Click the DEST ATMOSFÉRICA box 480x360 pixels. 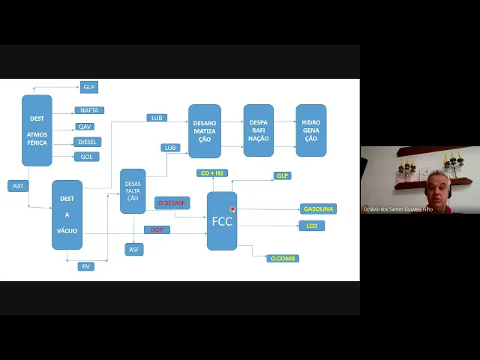tap(37, 130)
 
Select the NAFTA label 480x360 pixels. tap(89, 110)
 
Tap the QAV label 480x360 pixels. tap(85, 127)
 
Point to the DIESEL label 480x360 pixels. tap(88, 142)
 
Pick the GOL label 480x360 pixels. tap(86, 157)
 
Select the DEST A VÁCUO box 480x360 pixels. tap(67, 214)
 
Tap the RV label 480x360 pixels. tap(86, 266)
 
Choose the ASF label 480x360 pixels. tap(134, 250)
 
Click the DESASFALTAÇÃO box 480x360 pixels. tap(133, 190)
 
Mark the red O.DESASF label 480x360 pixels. tap(172, 203)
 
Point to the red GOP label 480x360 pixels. tap(157, 229)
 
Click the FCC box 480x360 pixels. tap(222, 221)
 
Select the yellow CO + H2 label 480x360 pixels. tap(212, 173)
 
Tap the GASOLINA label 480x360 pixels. tap(319, 208)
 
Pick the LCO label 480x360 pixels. tap(312, 226)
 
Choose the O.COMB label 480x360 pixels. tap(283, 259)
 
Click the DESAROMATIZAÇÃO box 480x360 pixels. tap(205, 131)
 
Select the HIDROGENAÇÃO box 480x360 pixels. tap(311, 130)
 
